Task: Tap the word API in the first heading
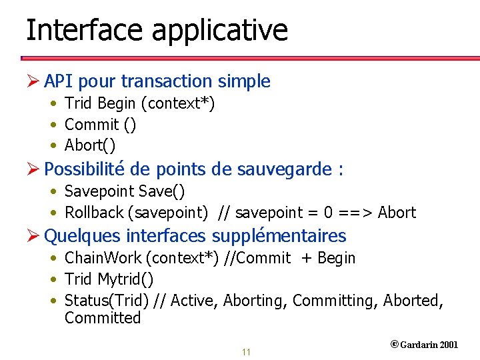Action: pyautogui.click(x=59, y=81)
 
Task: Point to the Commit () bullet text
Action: pyautogui.click(x=101, y=125)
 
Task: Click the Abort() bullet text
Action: pyautogui.click(x=90, y=145)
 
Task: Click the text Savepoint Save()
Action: pyautogui.click(x=125, y=191)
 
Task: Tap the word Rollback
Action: pyautogui.click(x=94, y=213)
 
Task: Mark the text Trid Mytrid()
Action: pyautogui.click(x=109, y=279)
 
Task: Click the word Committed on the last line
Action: pyautogui.click(x=103, y=318)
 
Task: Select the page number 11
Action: pyautogui.click(x=246, y=352)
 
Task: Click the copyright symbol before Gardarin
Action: pyautogui.click(x=394, y=344)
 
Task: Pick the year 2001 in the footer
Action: pyautogui.click(x=449, y=345)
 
